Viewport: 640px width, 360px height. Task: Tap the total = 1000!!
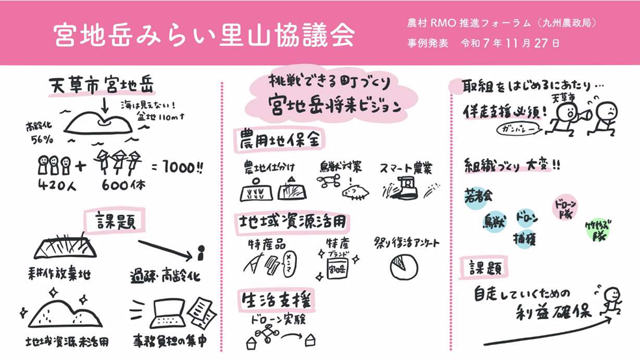[x=176, y=167]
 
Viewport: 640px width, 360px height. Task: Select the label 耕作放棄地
[x=60, y=274]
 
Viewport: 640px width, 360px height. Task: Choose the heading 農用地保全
[x=279, y=139]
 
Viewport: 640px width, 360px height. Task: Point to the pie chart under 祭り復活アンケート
[x=403, y=266]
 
